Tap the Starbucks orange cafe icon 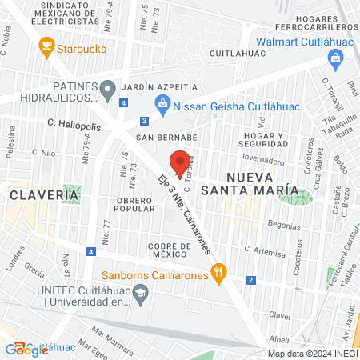point(45,49)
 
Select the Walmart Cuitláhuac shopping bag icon point(335,58)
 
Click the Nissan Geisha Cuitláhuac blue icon point(163,102)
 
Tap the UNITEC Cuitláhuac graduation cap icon point(142,294)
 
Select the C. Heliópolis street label point(74,123)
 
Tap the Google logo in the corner point(27,349)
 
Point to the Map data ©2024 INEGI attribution point(312,354)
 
